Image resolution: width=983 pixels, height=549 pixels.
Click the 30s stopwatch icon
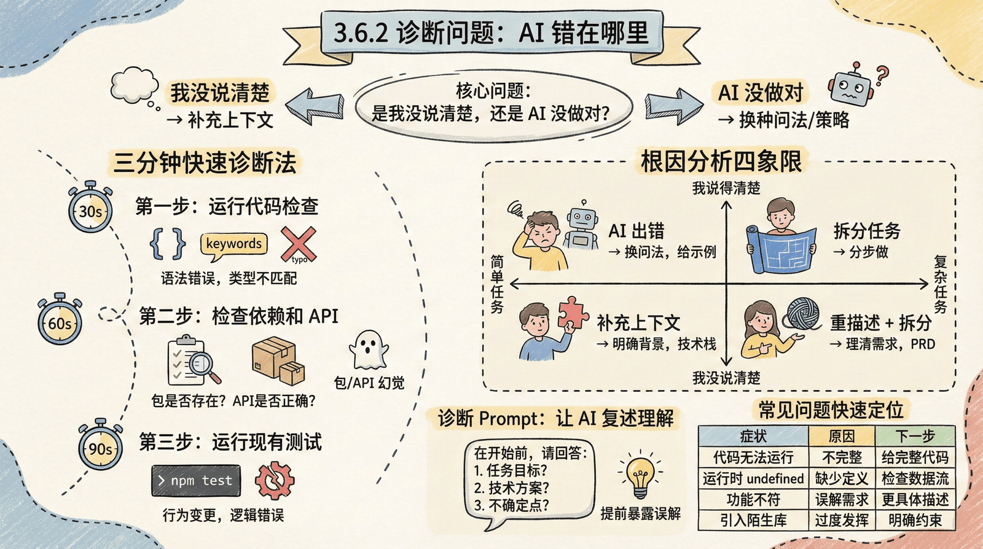pyautogui.click(x=90, y=209)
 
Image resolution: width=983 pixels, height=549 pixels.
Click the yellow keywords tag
pyautogui.click(x=234, y=244)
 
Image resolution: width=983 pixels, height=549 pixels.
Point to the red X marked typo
pyautogui.click(x=298, y=244)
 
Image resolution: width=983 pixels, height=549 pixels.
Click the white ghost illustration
pyautogui.click(x=368, y=349)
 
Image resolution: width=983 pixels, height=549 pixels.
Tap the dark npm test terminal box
pyautogui.click(x=196, y=480)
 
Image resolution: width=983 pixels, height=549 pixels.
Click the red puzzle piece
pyautogui.click(x=573, y=313)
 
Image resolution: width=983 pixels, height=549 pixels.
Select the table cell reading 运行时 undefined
pyautogui.click(x=753, y=478)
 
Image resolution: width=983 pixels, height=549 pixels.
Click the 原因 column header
pyautogui.click(x=842, y=436)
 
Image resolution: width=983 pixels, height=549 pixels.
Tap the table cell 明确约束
pyautogui.click(x=915, y=520)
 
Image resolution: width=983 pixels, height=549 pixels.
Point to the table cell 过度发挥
pyautogui.click(x=842, y=520)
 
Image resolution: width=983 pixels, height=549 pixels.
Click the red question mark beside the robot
pyautogui.click(x=882, y=75)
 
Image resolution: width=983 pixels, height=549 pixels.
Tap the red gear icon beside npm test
pyautogui.click(x=274, y=480)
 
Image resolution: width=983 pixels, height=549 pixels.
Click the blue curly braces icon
pyautogui.click(x=168, y=243)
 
